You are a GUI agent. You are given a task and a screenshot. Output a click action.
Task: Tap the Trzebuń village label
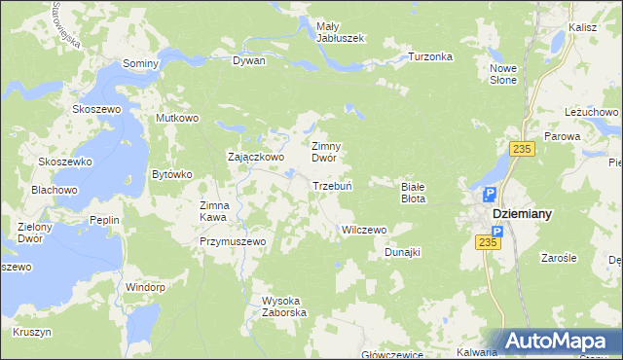tap(331, 185)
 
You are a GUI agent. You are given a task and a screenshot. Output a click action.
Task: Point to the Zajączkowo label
tap(255, 156)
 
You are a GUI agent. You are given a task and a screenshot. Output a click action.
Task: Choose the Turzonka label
tap(431, 56)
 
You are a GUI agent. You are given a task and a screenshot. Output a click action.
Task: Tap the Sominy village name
tap(140, 62)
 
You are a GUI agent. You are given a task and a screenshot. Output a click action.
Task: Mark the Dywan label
tap(249, 60)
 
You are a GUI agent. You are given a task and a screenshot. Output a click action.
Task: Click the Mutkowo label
tap(177, 118)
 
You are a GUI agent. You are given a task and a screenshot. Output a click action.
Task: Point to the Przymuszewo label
tap(233, 240)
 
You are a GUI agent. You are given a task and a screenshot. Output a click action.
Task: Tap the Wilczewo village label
tap(364, 230)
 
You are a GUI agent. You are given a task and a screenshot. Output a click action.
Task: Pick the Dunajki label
tap(402, 252)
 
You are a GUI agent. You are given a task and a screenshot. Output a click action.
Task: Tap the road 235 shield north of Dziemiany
tap(524, 148)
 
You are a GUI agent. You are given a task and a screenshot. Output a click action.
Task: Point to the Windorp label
tap(146, 287)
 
